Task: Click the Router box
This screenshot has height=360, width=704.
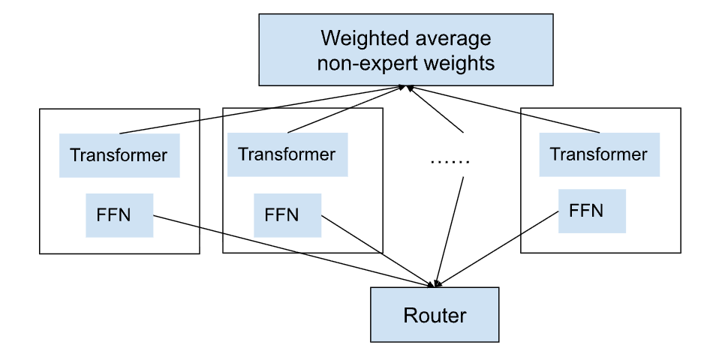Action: pos(435,315)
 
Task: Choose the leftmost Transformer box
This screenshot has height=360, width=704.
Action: pos(119,155)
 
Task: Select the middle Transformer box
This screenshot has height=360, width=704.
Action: pos(287,154)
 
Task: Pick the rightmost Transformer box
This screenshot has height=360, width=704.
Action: pos(600,154)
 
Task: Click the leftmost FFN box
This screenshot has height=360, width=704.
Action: pos(119,215)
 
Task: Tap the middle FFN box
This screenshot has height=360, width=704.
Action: pos(287,215)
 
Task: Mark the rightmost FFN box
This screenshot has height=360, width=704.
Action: pos(591,211)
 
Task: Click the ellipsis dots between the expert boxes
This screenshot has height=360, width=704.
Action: pos(450,161)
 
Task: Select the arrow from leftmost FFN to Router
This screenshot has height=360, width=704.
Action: pos(294,251)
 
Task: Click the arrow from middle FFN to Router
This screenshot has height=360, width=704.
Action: pos(378,251)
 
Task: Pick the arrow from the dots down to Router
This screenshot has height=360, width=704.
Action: pos(450,231)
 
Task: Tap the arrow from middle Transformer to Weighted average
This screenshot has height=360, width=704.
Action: pos(347,109)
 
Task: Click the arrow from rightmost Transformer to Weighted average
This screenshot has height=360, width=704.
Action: pos(503,109)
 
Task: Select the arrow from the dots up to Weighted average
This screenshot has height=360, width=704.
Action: pos(435,109)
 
